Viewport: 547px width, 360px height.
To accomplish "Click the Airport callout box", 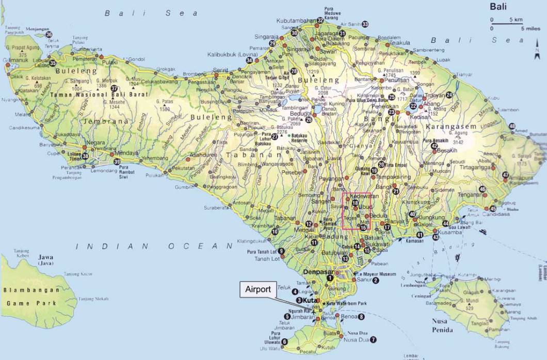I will [258, 289].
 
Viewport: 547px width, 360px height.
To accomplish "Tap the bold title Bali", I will [498, 7].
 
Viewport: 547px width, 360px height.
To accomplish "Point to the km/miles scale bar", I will [508, 23].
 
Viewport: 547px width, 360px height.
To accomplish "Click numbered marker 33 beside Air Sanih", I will [365, 24].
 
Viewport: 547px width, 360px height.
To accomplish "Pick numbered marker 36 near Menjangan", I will [49, 35].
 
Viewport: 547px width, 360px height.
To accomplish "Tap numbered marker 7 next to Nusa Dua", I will [373, 340].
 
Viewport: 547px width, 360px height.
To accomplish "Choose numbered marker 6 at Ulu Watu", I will [284, 342].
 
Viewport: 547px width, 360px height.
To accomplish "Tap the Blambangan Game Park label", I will [31, 297].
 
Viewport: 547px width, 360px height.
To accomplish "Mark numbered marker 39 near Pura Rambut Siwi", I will [117, 162].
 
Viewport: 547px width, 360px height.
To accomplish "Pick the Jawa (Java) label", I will [45, 259].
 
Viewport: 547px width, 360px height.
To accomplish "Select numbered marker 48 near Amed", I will [512, 126].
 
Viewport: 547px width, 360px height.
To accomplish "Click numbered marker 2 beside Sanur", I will [376, 281].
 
